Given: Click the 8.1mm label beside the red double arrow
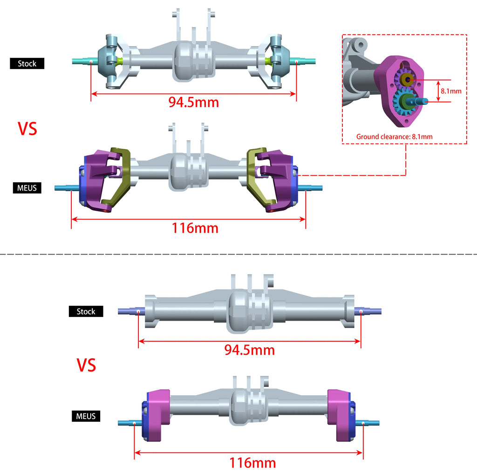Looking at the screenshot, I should [451, 91].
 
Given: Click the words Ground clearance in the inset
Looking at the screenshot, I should [382, 137].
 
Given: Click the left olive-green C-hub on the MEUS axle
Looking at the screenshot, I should [117, 177].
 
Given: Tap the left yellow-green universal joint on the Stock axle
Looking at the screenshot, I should [120, 61].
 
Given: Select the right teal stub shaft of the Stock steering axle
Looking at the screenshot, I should [305, 61].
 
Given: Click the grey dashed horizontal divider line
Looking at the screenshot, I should [238, 254].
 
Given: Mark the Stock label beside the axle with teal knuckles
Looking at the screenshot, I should [27, 63].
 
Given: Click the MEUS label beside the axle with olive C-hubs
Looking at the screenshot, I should [27, 188].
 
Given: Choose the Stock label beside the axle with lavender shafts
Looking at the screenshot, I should [86, 311].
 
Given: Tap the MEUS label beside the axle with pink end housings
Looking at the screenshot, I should [86, 416].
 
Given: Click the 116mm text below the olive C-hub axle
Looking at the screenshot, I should [195, 228].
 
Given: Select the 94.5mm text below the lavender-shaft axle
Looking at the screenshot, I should [250, 350].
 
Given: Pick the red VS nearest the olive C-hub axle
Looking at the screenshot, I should [27, 129].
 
